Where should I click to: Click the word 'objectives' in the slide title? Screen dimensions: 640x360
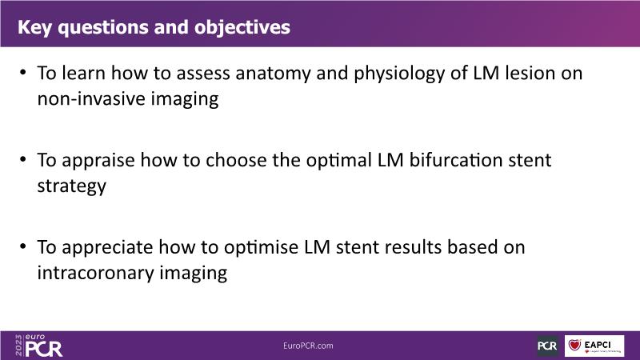tap(242, 28)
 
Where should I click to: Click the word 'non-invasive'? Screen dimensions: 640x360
tap(91, 98)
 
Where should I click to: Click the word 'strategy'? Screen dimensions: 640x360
tap(72, 186)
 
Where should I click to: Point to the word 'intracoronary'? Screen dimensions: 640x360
tap(95, 273)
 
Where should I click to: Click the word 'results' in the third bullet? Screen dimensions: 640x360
tap(413, 247)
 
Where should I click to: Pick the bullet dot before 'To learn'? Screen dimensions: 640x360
tap(23, 73)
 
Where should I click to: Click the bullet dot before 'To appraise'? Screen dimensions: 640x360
tap(23, 159)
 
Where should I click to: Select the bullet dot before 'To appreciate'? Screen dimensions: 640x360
tap(23, 246)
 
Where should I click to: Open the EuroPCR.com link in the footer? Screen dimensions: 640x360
tap(308, 346)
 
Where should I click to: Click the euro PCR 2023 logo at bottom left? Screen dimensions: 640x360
tap(38, 346)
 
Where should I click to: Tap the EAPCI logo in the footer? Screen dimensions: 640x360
tap(594, 346)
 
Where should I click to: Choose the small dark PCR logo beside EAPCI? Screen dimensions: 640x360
tap(547, 346)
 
